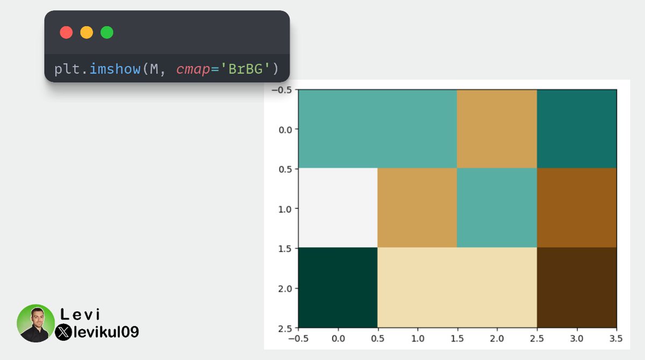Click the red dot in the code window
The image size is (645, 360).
[x=66, y=32]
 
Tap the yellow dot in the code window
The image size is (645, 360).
[x=87, y=32]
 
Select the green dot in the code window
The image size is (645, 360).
[x=107, y=32]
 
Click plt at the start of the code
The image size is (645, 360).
[x=66, y=69]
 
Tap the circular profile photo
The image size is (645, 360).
[x=35, y=323]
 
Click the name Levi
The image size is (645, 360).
[x=81, y=315]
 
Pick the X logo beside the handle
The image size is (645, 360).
[x=63, y=332]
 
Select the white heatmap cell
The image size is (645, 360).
[x=338, y=208]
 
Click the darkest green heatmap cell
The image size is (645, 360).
[x=338, y=287]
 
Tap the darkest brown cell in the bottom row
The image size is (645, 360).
[x=577, y=287]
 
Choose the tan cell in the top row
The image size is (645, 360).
[x=497, y=129]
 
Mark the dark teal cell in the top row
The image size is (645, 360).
[x=577, y=129]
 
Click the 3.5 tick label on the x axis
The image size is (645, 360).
[x=616, y=340]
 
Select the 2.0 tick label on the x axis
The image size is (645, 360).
[x=497, y=340]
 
